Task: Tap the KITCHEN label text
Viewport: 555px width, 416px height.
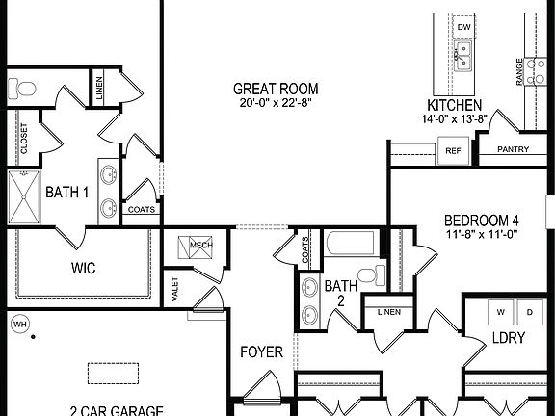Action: point(454,105)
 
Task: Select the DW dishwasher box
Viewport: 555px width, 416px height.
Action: point(463,27)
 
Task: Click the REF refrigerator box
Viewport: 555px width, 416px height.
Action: point(451,150)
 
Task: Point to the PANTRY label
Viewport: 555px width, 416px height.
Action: point(516,150)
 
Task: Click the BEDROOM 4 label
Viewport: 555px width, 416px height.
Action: point(474,219)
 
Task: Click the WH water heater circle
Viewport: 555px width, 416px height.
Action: point(18,325)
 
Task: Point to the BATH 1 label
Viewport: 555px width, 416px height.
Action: point(67,193)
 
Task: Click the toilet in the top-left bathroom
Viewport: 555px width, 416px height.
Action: point(24,90)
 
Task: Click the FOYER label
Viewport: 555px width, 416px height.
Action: point(261,352)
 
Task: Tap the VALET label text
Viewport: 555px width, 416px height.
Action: point(174,290)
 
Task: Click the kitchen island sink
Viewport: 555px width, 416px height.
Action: point(462,60)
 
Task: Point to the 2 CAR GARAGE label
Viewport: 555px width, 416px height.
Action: point(116,410)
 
